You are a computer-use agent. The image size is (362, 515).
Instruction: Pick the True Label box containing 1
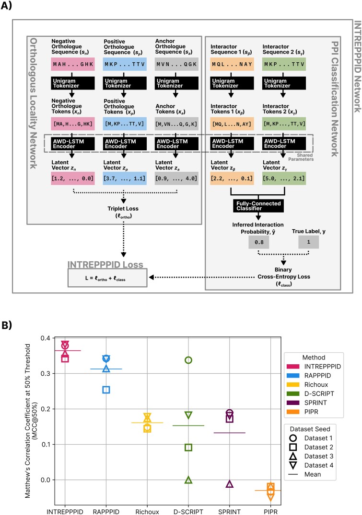click(x=309, y=242)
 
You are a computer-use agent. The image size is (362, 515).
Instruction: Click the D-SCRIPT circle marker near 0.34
click(x=188, y=360)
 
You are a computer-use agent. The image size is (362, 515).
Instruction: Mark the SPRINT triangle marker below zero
click(x=230, y=484)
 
